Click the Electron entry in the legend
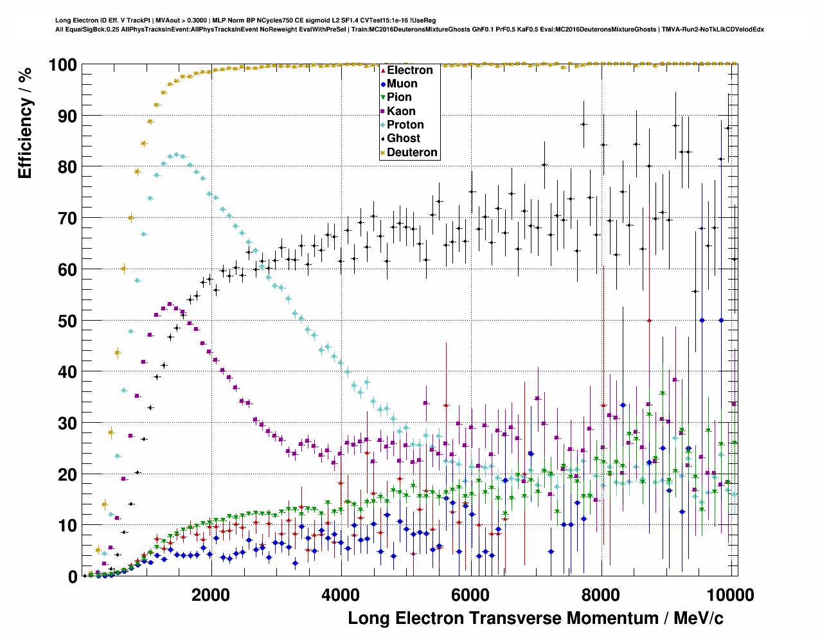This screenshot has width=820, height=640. click(409, 70)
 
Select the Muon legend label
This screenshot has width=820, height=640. click(402, 84)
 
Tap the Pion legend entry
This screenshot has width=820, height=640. click(399, 97)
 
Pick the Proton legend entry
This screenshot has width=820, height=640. click(405, 125)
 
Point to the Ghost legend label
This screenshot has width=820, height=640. click(403, 138)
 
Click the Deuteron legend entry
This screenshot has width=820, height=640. click(412, 152)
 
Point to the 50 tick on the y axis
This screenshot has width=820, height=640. click(67, 321)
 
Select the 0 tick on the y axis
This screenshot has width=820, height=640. click(72, 577)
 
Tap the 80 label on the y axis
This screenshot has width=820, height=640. click(67, 167)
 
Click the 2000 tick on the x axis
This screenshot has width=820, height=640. click(210, 594)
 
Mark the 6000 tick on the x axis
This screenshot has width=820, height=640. click(470, 594)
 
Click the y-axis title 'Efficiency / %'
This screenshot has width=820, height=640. click(25, 122)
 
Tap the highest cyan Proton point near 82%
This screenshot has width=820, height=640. click(177, 155)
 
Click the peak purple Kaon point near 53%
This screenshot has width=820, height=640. click(170, 304)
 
